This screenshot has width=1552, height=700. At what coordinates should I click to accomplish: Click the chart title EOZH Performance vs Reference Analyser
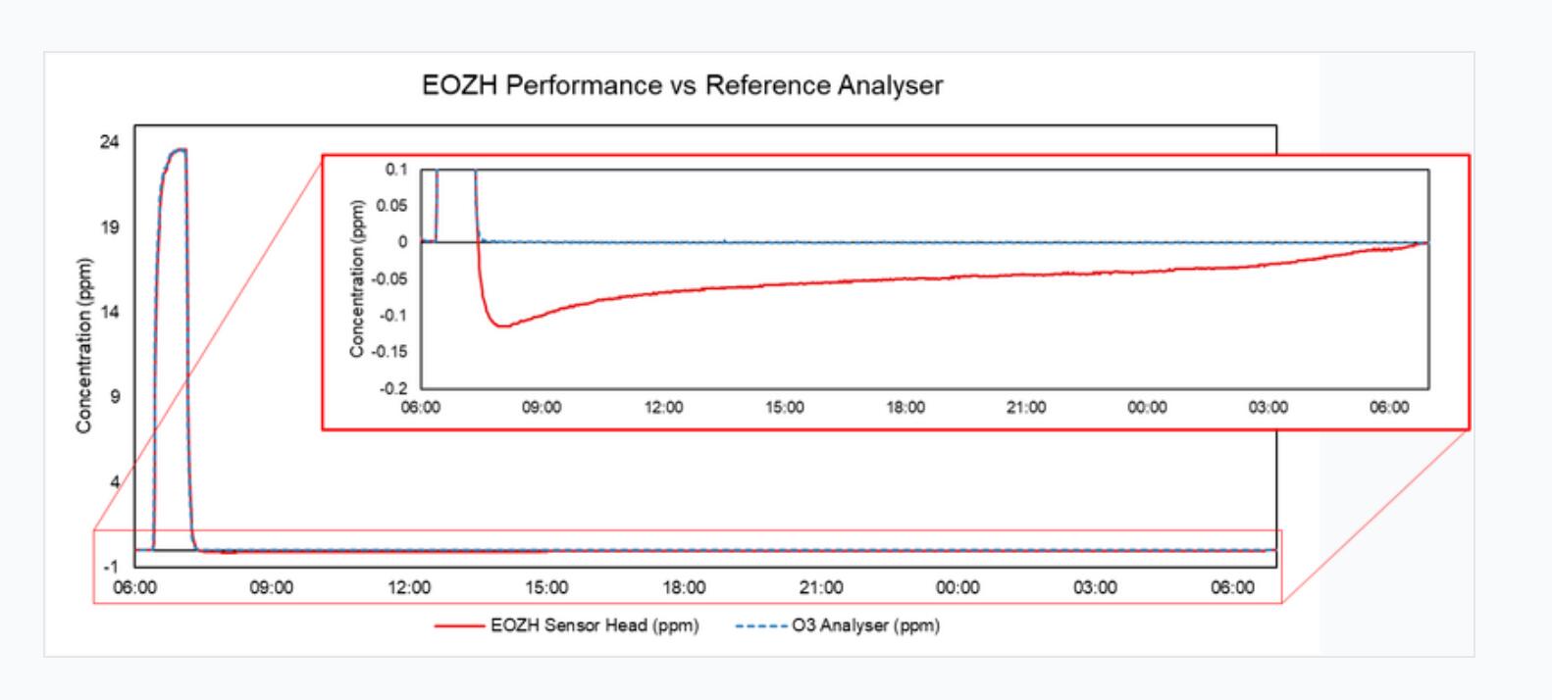[682, 85]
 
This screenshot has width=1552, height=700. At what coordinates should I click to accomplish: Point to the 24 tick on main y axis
[109, 142]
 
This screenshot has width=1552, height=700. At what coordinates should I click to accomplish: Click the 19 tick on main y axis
[109, 227]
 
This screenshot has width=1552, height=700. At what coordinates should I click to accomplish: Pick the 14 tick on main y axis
[109, 312]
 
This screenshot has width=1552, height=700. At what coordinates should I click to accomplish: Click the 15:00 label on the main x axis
[546, 587]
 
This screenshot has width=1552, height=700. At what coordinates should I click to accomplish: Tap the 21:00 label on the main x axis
[820, 587]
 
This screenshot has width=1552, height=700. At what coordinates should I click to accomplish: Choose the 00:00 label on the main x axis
[957, 587]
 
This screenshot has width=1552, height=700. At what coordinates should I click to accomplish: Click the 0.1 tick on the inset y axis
[396, 170]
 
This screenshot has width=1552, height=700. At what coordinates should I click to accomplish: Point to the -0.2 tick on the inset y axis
[394, 388]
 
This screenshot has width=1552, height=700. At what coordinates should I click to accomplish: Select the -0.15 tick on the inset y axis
[392, 352]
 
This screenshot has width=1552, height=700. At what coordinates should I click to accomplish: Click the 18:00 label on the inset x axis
[905, 408]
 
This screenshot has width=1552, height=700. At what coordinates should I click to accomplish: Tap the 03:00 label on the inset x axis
[1267, 408]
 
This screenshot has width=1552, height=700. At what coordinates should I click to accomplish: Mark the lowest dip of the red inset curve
[503, 325]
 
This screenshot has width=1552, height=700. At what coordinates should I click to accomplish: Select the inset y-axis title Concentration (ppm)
[357, 279]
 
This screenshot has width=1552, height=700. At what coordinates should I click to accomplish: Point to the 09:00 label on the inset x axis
[542, 408]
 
